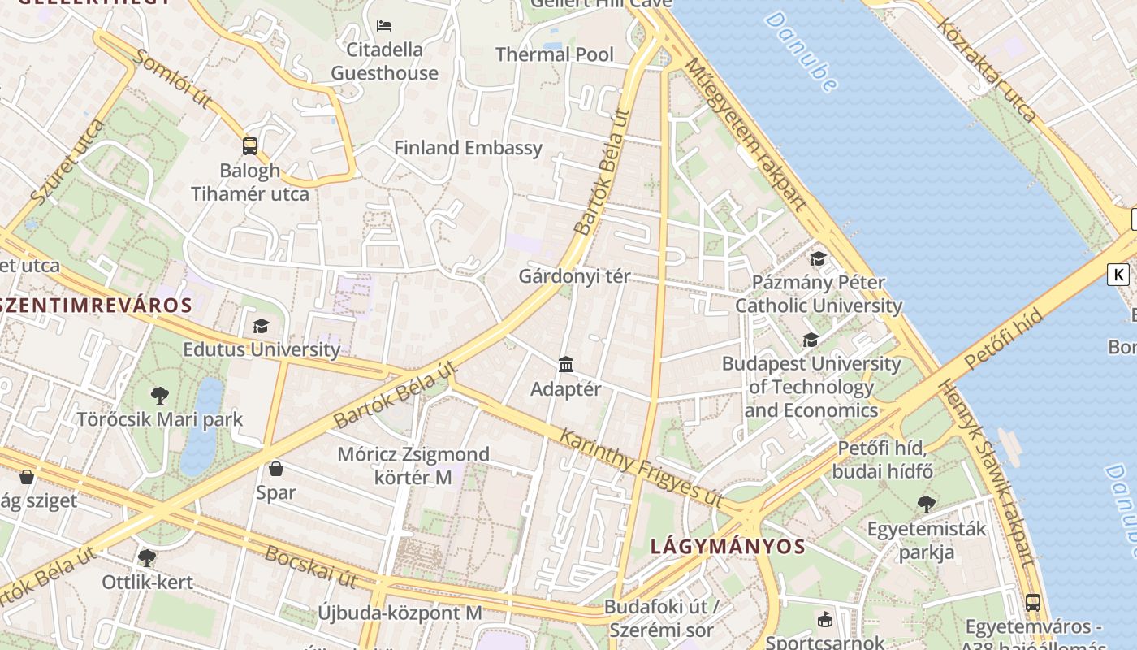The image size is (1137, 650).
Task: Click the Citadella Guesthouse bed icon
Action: [x=384, y=26]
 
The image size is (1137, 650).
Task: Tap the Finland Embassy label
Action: [x=468, y=148]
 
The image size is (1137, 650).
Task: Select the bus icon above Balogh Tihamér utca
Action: [x=250, y=146]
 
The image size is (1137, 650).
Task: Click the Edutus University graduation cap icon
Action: [x=261, y=326]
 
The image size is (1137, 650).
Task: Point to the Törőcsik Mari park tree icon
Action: [x=160, y=396]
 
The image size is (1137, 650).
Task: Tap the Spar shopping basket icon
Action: [x=276, y=469]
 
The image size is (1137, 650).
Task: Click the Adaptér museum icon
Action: [x=566, y=365]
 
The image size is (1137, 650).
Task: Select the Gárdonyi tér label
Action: [x=574, y=276]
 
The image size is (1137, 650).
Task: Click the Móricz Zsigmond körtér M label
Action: [x=413, y=466]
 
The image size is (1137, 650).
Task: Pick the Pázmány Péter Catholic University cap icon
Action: [x=818, y=258]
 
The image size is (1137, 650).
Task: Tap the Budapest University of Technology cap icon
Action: [x=811, y=340]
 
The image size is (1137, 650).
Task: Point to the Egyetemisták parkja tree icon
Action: [x=926, y=505]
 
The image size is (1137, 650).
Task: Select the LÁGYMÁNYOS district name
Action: [x=728, y=547]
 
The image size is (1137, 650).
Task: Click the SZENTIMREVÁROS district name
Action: [x=95, y=305]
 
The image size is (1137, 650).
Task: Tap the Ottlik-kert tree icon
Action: [x=147, y=558]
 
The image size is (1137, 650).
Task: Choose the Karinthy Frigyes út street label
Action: [x=641, y=468]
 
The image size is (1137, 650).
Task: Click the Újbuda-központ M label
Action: [x=400, y=613]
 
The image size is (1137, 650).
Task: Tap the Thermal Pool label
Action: [x=555, y=54]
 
